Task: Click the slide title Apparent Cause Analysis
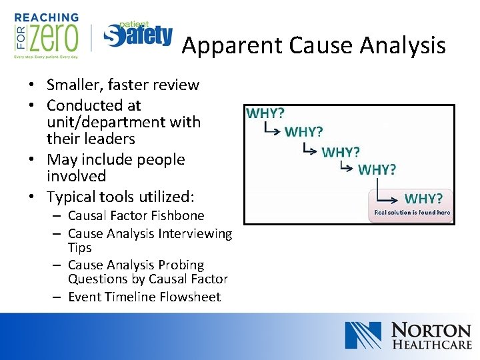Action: point(313,45)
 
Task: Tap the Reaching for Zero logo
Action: point(46,35)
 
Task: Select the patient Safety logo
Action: point(138,34)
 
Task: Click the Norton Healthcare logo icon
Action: point(363,335)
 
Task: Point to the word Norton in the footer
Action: point(431,330)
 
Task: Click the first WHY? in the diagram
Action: point(265,113)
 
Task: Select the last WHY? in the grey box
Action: point(423,199)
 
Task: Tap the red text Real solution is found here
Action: point(412,213)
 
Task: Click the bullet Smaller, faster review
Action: point(123,85)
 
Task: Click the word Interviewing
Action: point(195,233)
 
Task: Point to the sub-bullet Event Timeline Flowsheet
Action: point(144,297)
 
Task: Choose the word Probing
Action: point(182,265)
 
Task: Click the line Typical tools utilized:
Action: point(120,196)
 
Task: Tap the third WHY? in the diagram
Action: point(341,152)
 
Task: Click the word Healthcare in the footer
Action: point(431,345)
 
